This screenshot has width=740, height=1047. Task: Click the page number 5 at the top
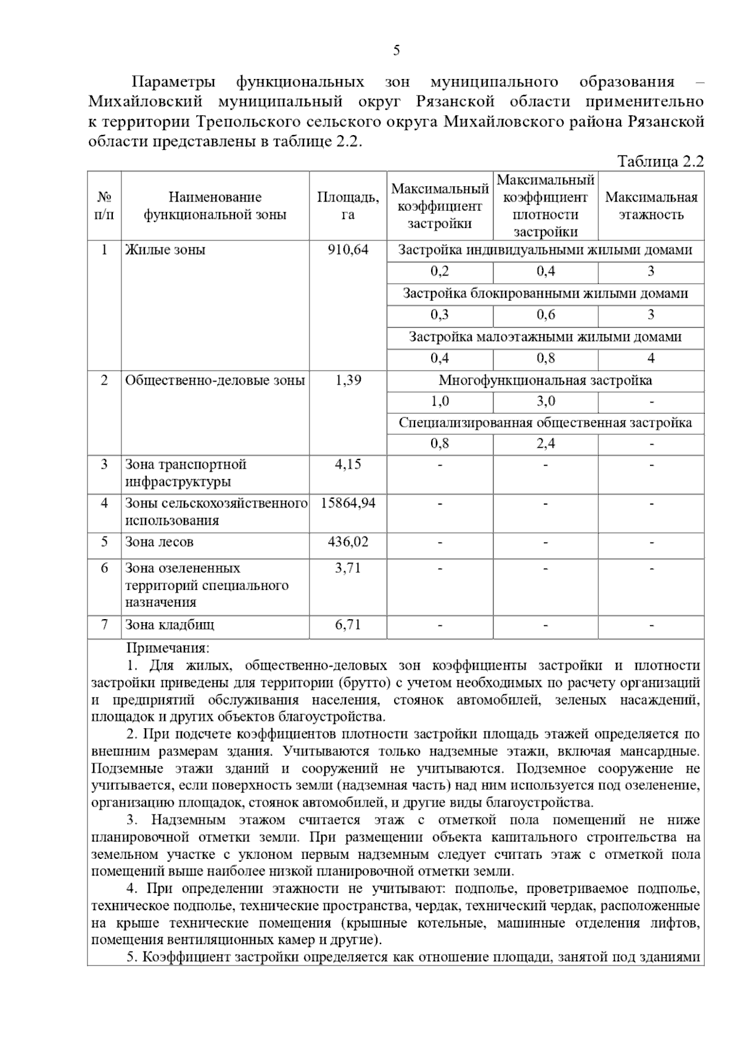[x=396, y=51]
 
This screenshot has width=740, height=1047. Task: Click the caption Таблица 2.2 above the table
[x=660, y=162]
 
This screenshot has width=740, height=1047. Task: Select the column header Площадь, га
[x=348, y=206]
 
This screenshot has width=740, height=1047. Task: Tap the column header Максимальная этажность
[x=651, y=206]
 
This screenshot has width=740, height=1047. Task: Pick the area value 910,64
[x=348, y=250]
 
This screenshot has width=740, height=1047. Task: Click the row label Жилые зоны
[x=165, y=250]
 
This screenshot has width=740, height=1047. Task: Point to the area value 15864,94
[x=348, y=503]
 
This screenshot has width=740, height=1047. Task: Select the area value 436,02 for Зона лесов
[x=348, y=542]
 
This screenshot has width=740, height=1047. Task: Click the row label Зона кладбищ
[x=170, y=625]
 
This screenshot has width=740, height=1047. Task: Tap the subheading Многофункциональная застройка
[x=545, y=380]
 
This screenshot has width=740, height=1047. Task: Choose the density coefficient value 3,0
[x=545, y=401]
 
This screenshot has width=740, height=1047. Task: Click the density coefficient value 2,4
[x=545, y=443]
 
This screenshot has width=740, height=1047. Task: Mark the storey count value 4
[x=651, y=358]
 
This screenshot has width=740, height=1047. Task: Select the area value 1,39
[x=348, y=380]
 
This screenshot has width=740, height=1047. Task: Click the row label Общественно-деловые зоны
[x=215, y=380]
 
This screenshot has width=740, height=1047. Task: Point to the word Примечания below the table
[x=168, y=648]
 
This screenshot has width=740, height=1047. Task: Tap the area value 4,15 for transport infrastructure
[x=348, y=464]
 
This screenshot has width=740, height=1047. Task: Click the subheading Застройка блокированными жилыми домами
[x=545, y=294]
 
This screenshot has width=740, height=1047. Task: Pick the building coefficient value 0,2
[x=440, y=271]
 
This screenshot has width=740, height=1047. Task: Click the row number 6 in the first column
[x=104, y=568]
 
